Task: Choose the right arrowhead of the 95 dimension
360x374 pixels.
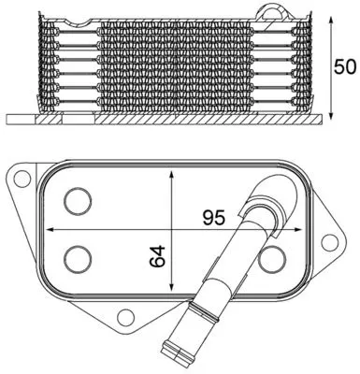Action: pos(299,228)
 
